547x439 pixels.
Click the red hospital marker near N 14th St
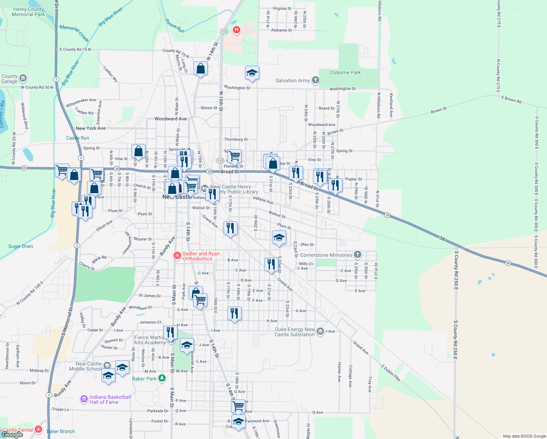point(237,30)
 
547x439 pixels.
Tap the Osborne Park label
point(345,73)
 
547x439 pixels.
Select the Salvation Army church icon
point(316,80)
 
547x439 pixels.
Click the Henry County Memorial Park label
point(28,12)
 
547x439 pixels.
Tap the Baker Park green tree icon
point(162,379)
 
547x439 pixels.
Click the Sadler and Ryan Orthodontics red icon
point(177,256)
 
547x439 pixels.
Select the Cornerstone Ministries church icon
point(358,255)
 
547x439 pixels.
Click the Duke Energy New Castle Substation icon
point(320,331)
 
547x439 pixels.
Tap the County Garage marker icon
point(23,78)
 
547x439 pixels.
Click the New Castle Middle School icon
point(107,365)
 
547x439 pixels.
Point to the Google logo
point(12,435)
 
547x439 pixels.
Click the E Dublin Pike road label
point(391,373)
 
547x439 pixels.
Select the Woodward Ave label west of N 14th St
point(170,119)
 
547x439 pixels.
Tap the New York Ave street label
point(91,128)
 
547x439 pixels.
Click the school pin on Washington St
point(252,73)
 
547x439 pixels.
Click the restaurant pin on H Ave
point(234,314)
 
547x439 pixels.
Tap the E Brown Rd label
point(511,100)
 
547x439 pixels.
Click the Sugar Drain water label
point(20,247)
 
